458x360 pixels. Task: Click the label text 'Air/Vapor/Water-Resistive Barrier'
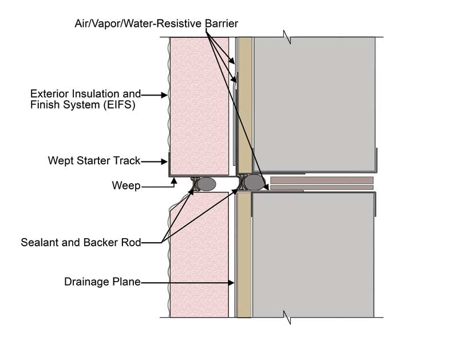tap(156, 23)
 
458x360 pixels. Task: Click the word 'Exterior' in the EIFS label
tap(48, 93)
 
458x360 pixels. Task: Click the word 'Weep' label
tap(127, 185)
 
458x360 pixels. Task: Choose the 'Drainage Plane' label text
tap(102, 282)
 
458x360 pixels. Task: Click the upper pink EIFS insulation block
tap(198, 103)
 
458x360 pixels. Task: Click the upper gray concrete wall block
tap(314, 103)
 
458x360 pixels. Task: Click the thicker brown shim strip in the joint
tap(322, 180)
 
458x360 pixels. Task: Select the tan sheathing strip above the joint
tap(244, 103)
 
